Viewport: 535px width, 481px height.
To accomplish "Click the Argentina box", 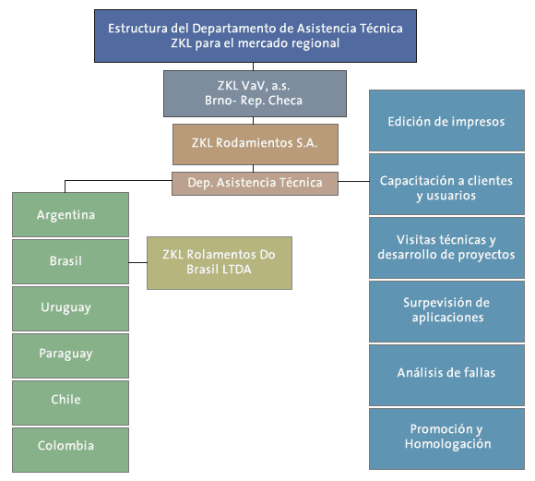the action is coord(71,214).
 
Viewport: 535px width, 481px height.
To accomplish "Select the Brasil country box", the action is coord(71,261).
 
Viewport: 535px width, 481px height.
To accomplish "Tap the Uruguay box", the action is coord(71,309).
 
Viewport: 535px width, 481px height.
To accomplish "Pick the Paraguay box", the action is coord(71,356).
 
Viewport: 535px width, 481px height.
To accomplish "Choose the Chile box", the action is coord(71,403).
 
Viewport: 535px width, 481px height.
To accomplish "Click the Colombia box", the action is coord(71,450).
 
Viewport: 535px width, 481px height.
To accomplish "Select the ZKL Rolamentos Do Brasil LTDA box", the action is coord(220,263).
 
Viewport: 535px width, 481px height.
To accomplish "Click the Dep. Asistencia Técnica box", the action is coord(255,184).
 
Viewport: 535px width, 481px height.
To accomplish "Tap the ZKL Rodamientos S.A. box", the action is coord(256,144).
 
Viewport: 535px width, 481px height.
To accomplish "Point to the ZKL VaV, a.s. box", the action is coord(255,93).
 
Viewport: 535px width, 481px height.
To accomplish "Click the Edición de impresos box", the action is coord(446,120).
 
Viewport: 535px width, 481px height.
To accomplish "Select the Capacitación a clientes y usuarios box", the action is coord(446,184).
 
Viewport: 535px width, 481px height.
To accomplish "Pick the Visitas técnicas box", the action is coord(446,248).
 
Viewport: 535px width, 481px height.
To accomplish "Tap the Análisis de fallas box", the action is coord(446,375).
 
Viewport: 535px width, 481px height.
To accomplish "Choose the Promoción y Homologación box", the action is coord(446,439).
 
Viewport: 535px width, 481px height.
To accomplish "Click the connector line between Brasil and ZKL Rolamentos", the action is coord(137,262).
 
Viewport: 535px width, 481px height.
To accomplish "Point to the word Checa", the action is coord(285,101).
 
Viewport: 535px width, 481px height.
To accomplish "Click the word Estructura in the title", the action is coord(137,29).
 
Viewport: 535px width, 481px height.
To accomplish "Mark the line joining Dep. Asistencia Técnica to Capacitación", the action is coord(354,181).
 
